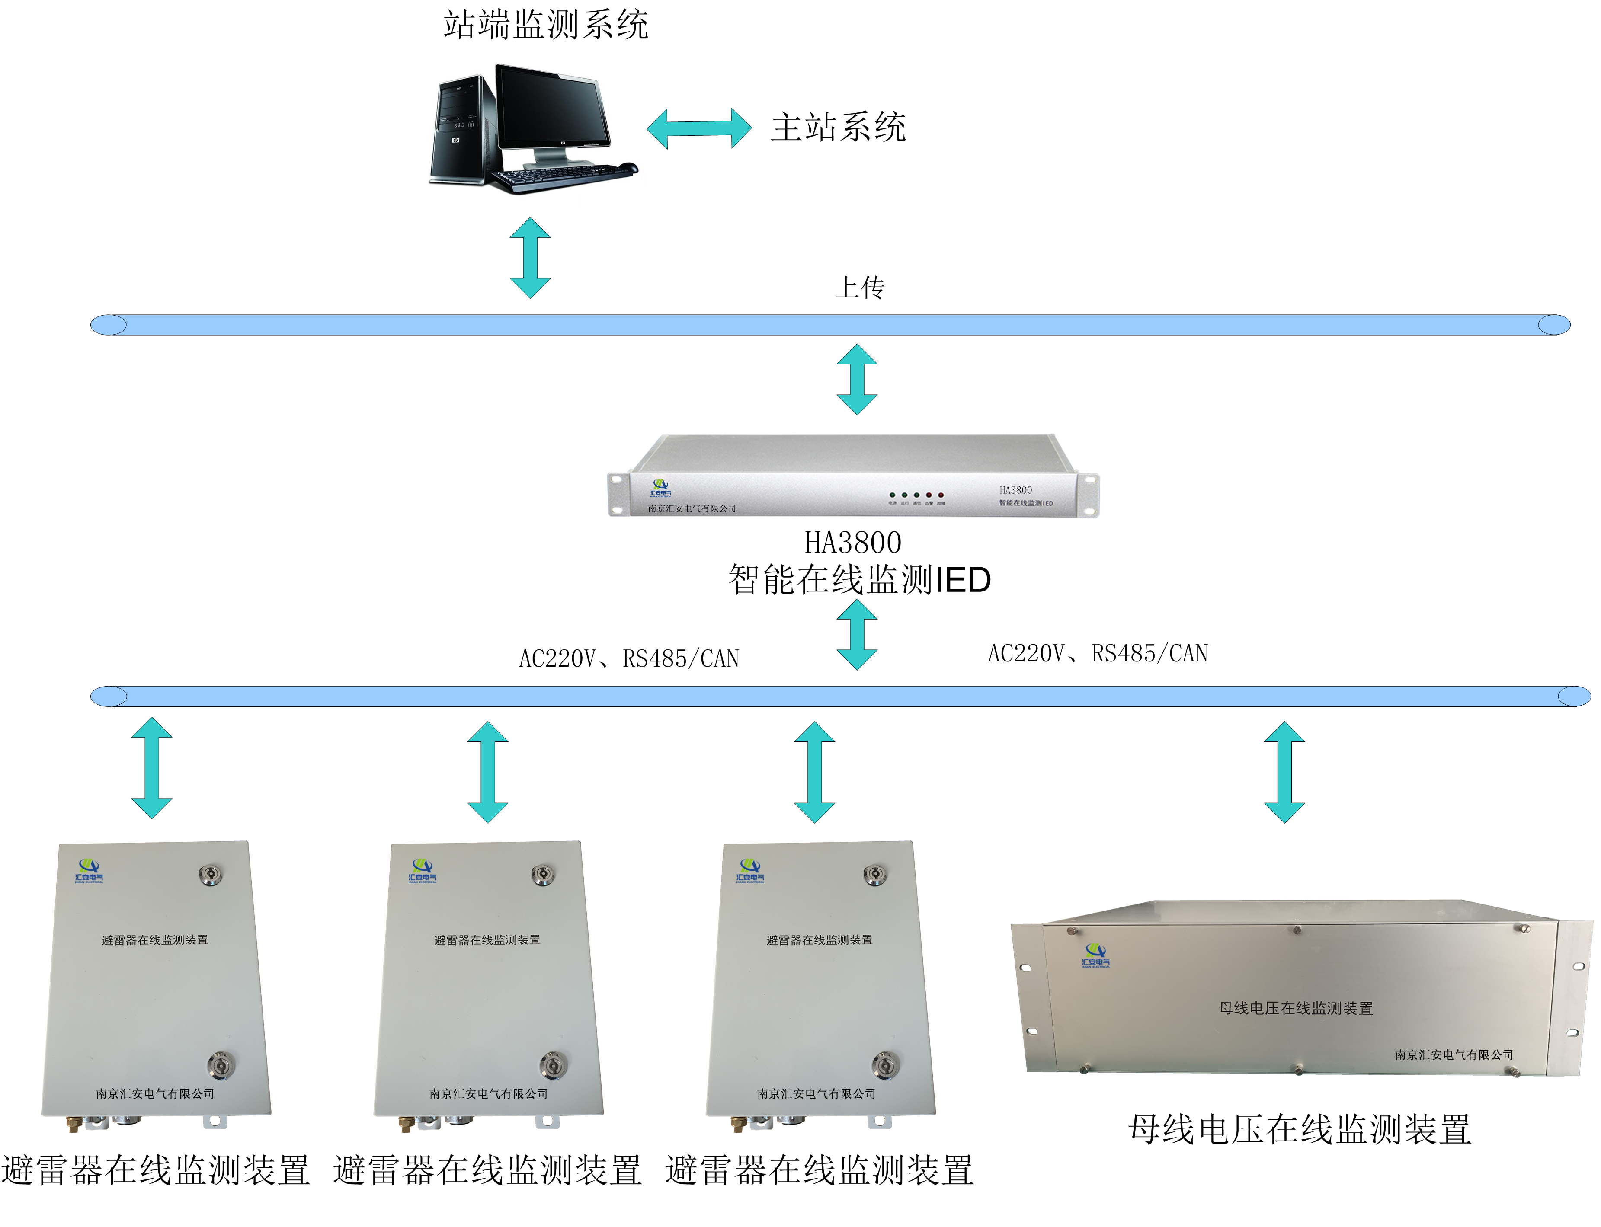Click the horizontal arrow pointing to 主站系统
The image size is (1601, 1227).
point(699,128)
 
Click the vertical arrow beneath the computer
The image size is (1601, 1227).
point(529,258)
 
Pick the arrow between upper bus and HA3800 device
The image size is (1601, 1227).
point(857,379)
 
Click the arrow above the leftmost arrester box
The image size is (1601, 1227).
point(152,767)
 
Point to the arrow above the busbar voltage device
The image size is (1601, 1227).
point(1284,772)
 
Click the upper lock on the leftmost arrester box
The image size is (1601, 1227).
point(210,874)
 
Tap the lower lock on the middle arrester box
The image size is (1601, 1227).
point(551,1065)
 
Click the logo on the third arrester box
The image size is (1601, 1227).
point(750,871)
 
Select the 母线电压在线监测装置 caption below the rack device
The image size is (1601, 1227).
point(1299,1129)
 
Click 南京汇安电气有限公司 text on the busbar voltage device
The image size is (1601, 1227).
point(1454,1054)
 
